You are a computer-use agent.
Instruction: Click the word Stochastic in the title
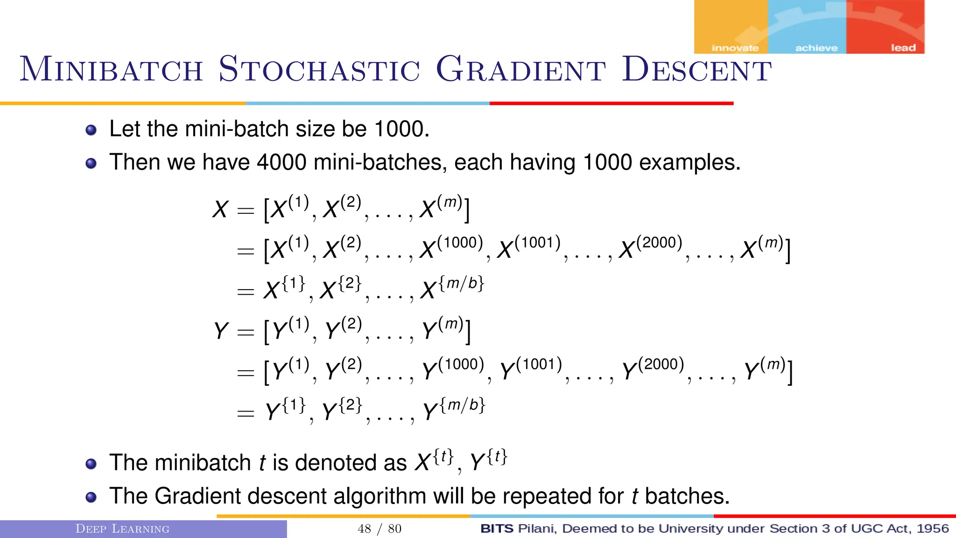tap(319, 69)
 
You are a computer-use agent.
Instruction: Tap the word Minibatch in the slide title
tap(111, 69)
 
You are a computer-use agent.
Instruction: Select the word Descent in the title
tap(696, 69)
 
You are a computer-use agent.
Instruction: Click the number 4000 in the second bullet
tap(281, 163)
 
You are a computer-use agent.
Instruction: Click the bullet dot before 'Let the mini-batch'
tap(91, 130)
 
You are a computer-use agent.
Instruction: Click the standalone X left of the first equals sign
tap(220, 209)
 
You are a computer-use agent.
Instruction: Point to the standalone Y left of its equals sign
tap(221, 331)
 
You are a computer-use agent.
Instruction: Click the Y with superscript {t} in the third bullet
tap(488, 460)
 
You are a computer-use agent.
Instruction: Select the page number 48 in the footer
tap(364, 529)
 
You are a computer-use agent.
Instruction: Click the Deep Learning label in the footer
tap(122, 529)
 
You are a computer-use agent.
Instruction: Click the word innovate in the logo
tap(735, 48)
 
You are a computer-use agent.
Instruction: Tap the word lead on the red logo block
tap(903, 48)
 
